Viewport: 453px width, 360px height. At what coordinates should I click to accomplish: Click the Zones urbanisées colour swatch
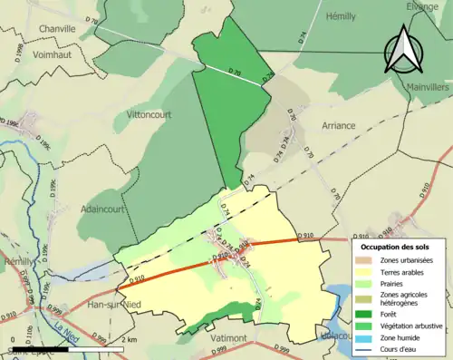click(x=367, y=260)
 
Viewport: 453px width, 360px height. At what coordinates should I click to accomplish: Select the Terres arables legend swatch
click(x=367, y=271)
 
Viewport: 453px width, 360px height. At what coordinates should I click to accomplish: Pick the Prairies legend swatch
click(x=367, y=283)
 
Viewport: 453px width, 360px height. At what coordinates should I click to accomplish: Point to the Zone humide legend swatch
click(x=367, y=336)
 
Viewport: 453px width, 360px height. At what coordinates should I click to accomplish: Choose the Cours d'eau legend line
click(x=367, y=348)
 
